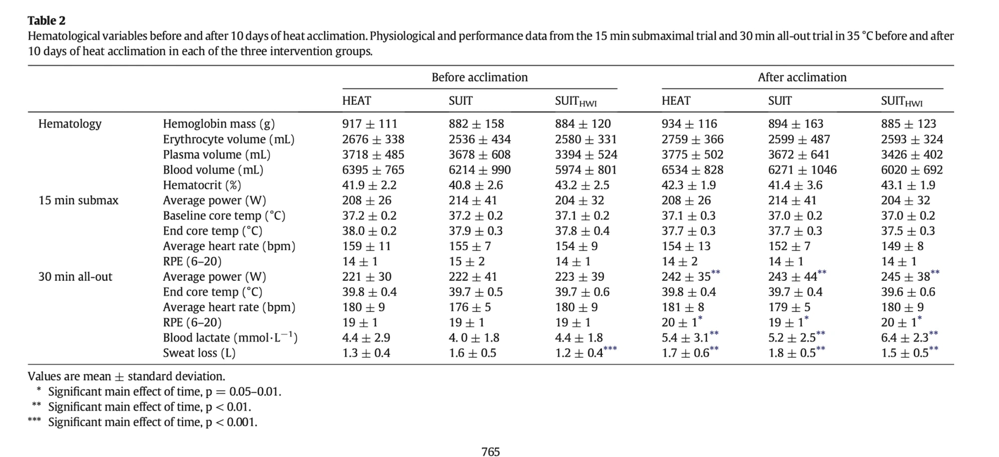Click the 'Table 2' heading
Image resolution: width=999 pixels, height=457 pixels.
click(x=46, y=20)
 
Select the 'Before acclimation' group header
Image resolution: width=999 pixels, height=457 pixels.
click(x=479, y=77)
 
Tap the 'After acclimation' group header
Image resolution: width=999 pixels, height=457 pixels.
click(x=802, y=77)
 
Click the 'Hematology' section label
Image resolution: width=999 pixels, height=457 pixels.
click(x=70, y=124)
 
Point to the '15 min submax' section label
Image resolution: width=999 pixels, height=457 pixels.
click(x=78, y=200)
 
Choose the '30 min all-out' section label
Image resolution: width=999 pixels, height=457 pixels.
click(x=75, y=276)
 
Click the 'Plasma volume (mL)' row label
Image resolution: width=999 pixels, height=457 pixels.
click(x=216, y=155)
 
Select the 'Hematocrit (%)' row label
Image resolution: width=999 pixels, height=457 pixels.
click(x=202, y=185)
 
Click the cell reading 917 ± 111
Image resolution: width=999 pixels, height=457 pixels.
click(x=369, y=124)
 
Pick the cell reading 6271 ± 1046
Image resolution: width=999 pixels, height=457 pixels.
click(x=802, y=170)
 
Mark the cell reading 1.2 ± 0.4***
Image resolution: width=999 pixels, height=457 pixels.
click(x=585, y=353)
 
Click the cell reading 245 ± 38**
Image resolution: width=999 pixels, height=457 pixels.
click(x=910, y=276)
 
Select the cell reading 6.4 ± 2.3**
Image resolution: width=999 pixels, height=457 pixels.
click(x=909, y=338)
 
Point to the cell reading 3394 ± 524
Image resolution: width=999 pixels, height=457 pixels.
click(x=585, y=155)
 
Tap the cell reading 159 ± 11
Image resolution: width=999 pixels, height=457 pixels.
click(x=366, y=246)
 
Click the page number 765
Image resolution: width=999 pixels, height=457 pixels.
click(x=490, y=452)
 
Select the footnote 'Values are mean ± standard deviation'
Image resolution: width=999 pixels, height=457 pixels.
click(x=126, y=376)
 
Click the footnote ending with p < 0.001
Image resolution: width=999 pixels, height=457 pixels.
click(x=152, y=422)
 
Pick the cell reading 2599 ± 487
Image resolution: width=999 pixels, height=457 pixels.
click(x=799, y=139)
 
